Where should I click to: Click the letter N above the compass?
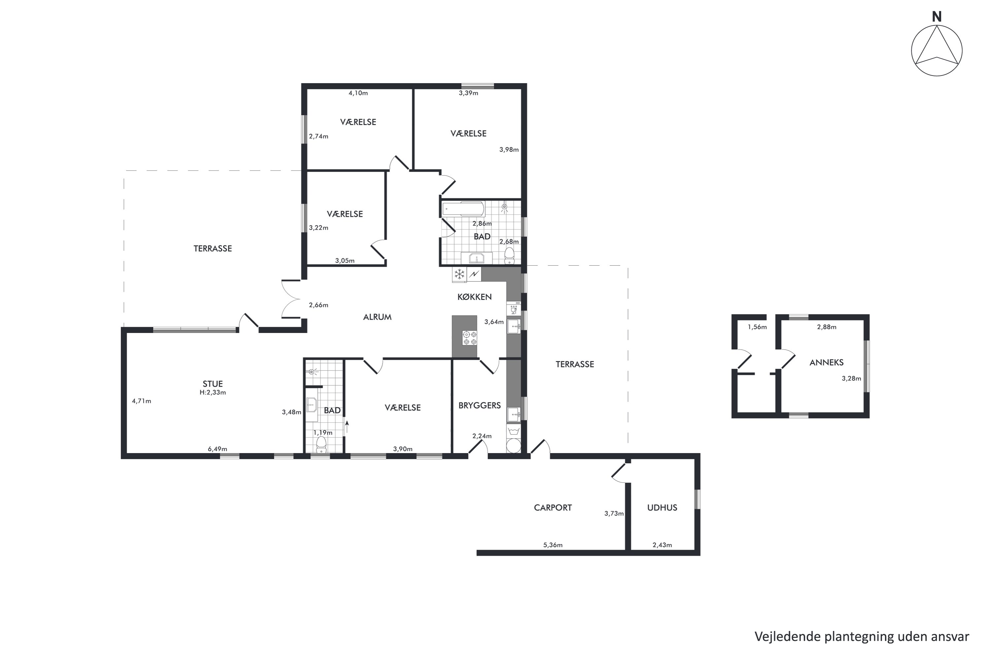[x=937, y=17]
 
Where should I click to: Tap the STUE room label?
[x=213, y=383]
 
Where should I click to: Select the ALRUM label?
[x=377, y=317]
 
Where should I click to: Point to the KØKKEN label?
[x=475, y=297]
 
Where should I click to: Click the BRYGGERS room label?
[x=479, y=405]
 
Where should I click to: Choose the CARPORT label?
[x=553, y=508]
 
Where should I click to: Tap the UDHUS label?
[x=662, y=508]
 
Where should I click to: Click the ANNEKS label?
[x=826, y=362]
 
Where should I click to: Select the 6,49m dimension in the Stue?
[x=217, y=449]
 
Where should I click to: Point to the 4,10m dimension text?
[x=358, y=93]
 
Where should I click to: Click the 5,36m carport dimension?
[x=553, y=545]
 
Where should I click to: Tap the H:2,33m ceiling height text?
[x=213, y=392]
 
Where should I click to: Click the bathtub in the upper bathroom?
[x=463, y=209]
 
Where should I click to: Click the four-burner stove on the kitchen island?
[x=469, y=338]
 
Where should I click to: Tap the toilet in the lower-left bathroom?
[x=321, y=444]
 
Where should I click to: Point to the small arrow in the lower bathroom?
[x=347, y=426]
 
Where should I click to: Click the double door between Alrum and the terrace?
[x=290, y=299]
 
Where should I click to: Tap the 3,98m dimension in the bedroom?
[x=509, y=149]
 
